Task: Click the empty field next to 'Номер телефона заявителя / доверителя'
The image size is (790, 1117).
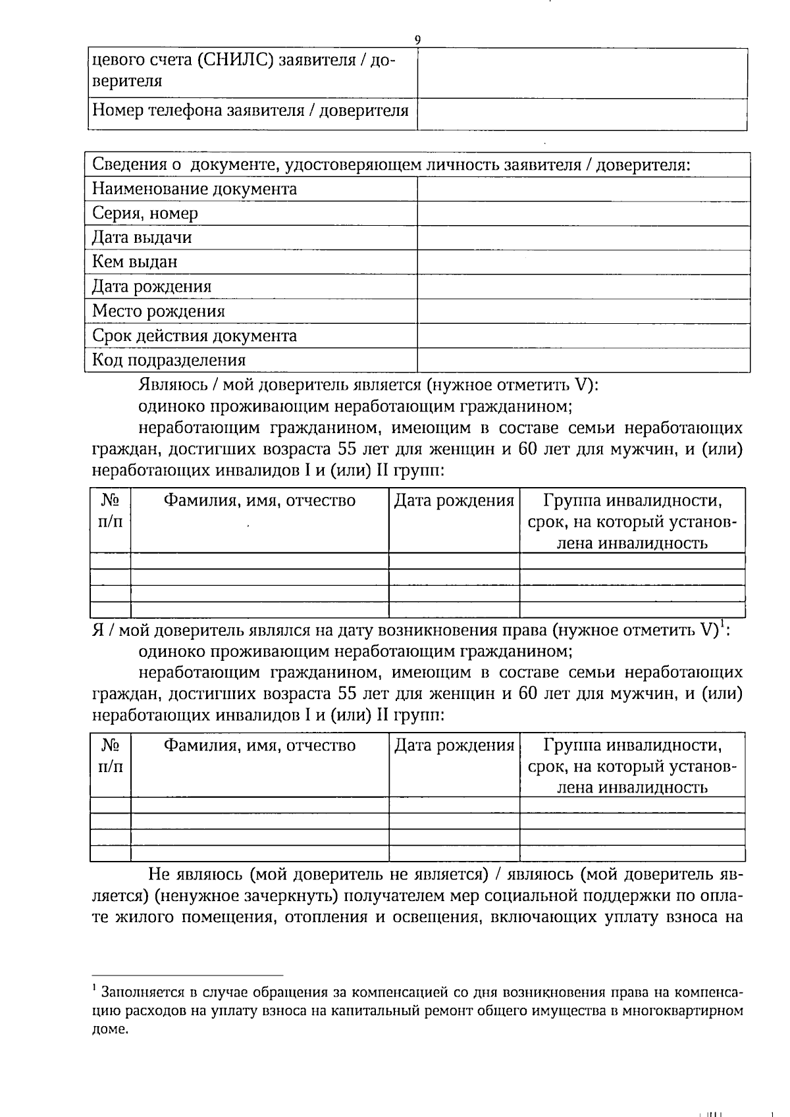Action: pyautogui.click(x=582, y=115)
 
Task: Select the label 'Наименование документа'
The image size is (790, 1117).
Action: pyautogui.click(x=194, y=190)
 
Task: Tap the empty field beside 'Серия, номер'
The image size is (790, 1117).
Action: pyautogui.click(x=583, y=214)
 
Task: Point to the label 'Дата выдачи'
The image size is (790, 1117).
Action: pyautogui.click(x=142, y=238)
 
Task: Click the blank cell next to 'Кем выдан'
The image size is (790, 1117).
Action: pyautogui.click(x=583, y=262)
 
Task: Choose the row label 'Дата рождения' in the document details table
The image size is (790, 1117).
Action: pyautogui.click(x=152, y=287)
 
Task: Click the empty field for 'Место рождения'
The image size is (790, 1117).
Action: pyautogui.click(x=583, y=311)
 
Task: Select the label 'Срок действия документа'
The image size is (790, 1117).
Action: pyautogui.click(x=194, y=336)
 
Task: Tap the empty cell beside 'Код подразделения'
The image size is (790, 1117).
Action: pyautogui.click(x=583, y=360)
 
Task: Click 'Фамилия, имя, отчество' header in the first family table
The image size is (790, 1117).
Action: pyautogui.click(x=259, y=501)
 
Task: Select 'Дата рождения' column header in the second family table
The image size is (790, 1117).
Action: pyautogui.click(x=454, y=746)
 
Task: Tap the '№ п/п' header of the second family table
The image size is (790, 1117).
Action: pyautogui.click(x=111, y=756)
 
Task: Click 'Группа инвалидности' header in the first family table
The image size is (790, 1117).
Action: pyautogui.click(x=632, y=501)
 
